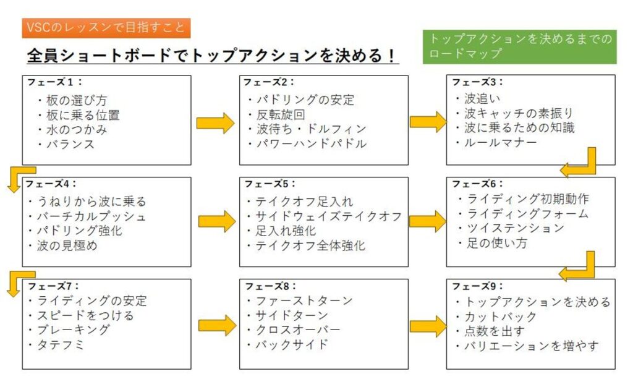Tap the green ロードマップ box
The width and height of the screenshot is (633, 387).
pyautogui.click(x=519, y=46)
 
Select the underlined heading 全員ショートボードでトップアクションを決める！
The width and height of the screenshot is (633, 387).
pyautogui.click(x=213, y=56)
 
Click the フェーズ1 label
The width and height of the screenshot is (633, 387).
pyautogui.click(x=54, y=82)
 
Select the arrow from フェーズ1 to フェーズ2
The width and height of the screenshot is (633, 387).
pyautogui.click(x=215, y=123)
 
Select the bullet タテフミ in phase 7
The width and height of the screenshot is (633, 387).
pyautogui.click(x=62, y=345)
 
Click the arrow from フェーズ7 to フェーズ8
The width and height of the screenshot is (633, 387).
pyautogui.click(x=216, y=325)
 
